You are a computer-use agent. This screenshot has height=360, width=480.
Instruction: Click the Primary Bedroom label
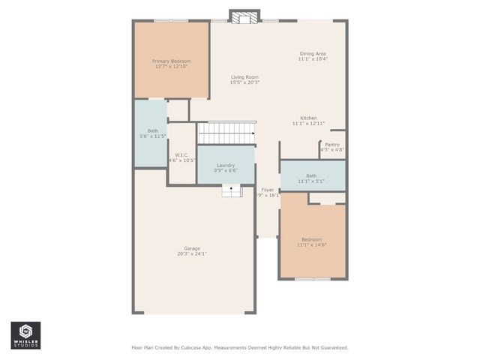[171, 61]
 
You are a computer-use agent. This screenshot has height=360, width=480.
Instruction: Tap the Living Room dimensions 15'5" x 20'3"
[244, 82]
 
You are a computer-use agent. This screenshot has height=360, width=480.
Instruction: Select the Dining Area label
[313, 53]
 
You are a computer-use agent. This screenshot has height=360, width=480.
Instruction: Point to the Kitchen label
[308, 118]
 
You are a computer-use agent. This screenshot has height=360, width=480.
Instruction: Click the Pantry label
[332, 145]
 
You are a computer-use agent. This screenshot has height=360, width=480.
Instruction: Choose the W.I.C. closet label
[181, 155]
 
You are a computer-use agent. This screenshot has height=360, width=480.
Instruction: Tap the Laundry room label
[226, 165]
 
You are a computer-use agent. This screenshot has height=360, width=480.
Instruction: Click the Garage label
[192, 248]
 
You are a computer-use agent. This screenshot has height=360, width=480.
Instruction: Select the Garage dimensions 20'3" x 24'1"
[192, 254]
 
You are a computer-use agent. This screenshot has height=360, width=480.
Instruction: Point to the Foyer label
[268, 190]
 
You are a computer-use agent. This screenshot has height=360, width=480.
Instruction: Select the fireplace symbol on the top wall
[244, 17]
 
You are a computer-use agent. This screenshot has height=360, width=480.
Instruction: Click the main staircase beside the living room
[226, 133]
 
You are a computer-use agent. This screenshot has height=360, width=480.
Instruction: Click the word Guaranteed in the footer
[331, 348]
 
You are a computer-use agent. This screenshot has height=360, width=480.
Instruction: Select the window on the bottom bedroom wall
[312, 279]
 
